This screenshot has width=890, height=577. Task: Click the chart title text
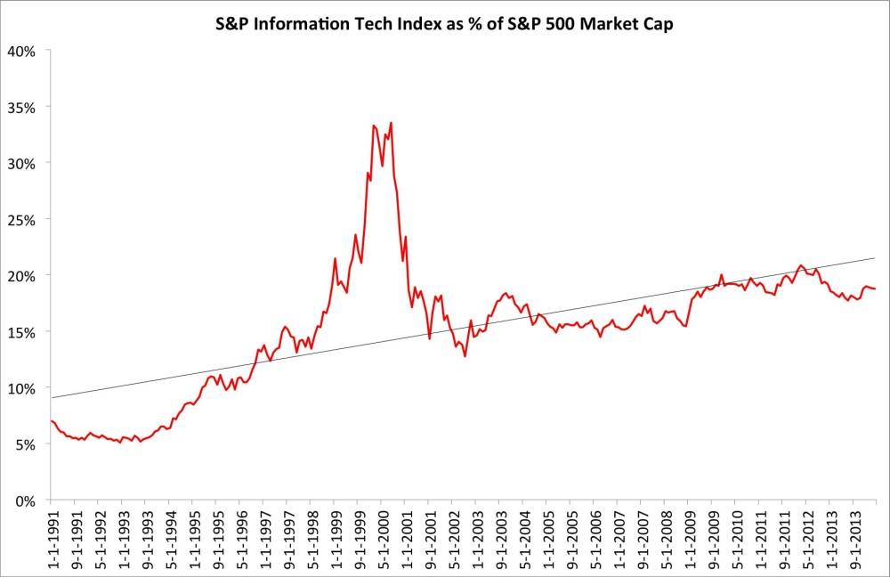click(446, 23)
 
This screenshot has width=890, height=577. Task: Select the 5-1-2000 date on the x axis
click(381, 539)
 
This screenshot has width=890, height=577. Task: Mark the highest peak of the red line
click(391, 123)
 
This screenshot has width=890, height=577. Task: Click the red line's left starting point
click(52, 420)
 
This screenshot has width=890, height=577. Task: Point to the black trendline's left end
click(52, 397)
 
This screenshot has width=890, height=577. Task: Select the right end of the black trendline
click(876, 258)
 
